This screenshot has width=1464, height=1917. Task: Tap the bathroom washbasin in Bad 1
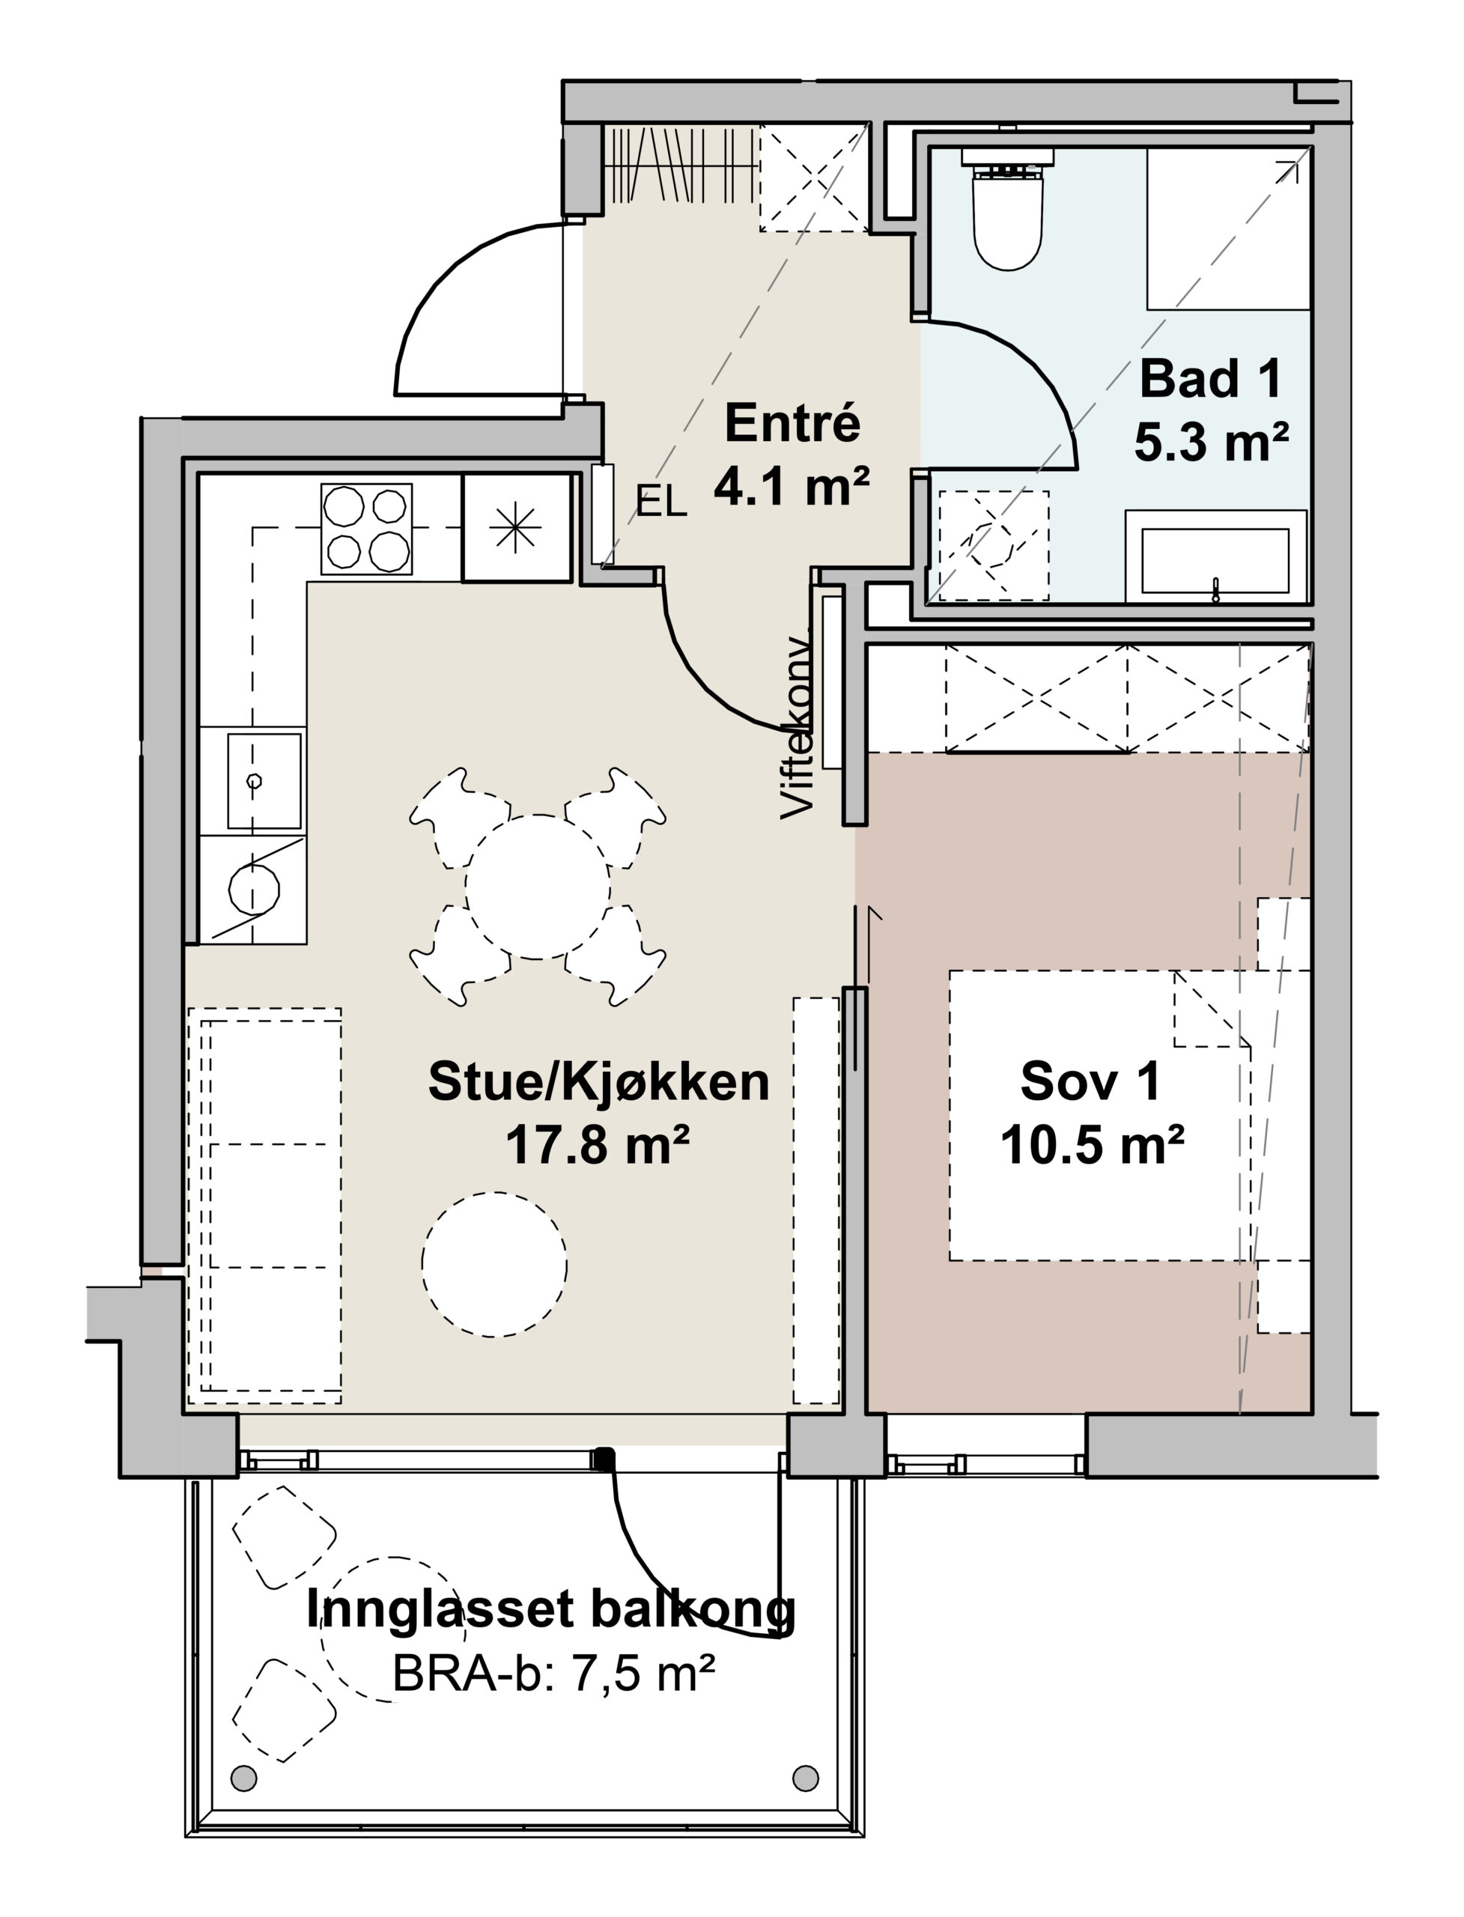[1215, 556]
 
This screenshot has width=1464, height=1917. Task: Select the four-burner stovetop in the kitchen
[366, 529]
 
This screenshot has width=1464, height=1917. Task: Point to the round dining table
[538, 887]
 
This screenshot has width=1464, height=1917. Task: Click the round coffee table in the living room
[494, 1264]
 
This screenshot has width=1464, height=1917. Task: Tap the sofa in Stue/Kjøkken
[265, 1206]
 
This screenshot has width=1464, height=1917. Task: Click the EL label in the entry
[661, 502]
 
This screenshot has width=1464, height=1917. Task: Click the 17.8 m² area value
[598, 1145]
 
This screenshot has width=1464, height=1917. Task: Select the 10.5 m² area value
[1092, 1145]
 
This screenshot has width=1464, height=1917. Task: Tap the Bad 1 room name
[1212, 378]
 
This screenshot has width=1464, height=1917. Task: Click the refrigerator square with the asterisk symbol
[516, 528]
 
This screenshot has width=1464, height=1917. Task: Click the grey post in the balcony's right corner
[805, 1795]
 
